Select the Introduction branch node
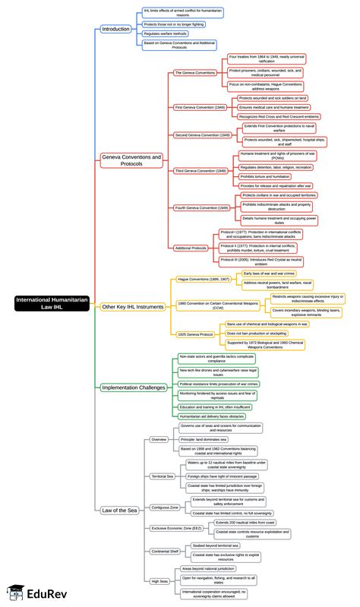116,29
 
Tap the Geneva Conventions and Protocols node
132,160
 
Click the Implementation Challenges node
134,387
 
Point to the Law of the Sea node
120,510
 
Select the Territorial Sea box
162,476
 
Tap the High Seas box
159,581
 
